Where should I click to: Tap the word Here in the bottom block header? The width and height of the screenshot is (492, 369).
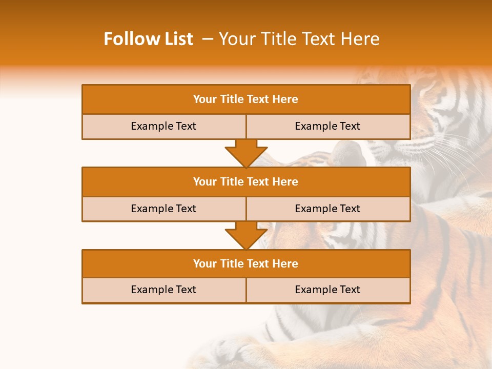click(285, 263)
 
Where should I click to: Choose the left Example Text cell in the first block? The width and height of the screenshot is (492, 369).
click(163, 126)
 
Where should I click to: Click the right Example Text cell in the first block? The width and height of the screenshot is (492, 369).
click(327, 126)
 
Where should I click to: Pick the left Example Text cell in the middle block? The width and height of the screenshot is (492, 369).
click(163, 209)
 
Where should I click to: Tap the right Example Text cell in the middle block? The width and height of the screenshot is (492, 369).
click(327, 209)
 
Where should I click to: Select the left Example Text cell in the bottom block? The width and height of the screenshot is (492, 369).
click(163, 290)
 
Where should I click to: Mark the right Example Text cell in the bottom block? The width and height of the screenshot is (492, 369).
click(327, 290)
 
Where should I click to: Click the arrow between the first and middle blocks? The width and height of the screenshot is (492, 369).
click(246, 153)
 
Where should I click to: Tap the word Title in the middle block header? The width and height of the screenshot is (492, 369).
click(232, 181)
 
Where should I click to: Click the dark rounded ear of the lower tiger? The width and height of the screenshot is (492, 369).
click(349, 153)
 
